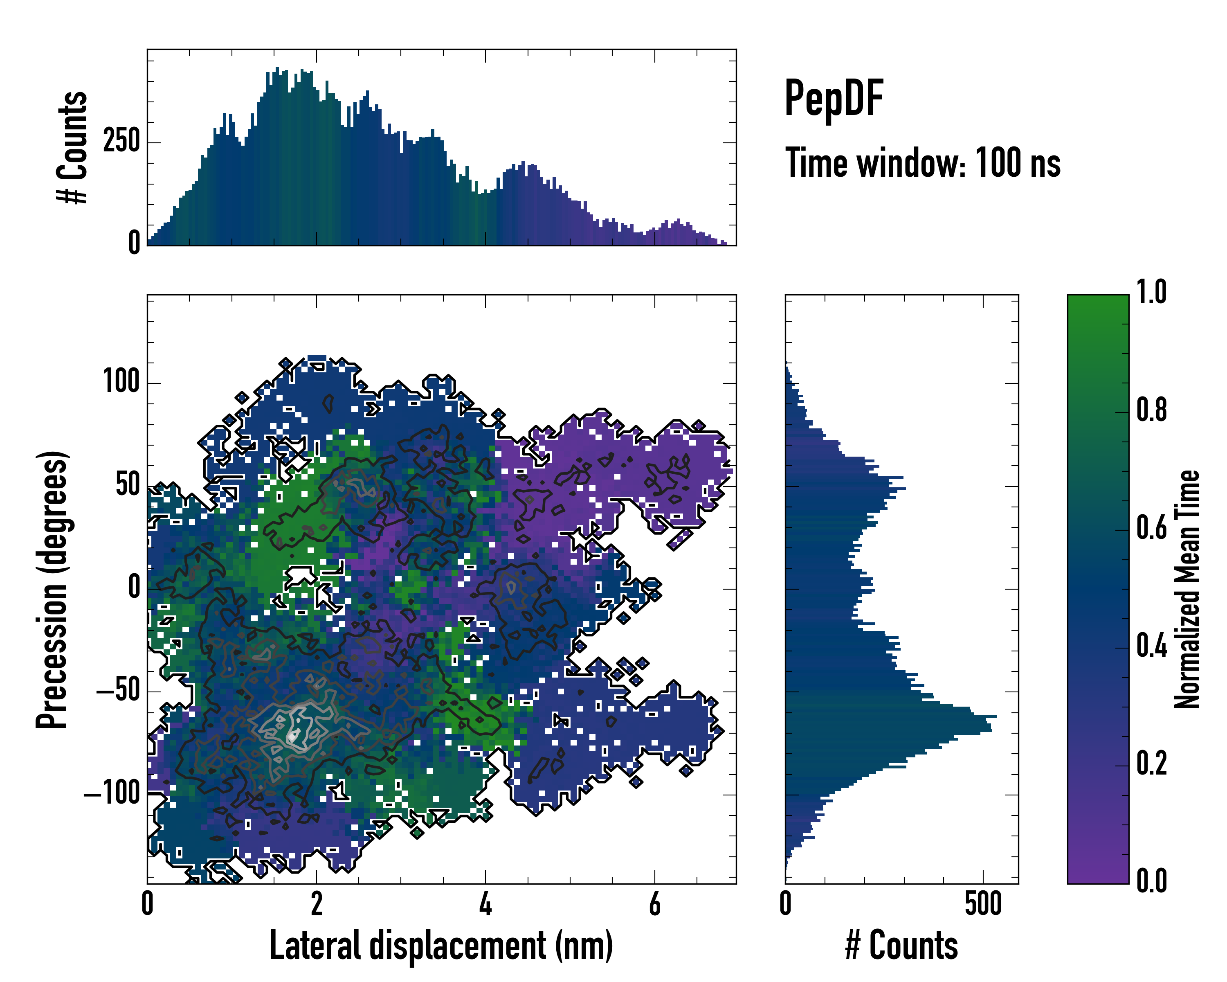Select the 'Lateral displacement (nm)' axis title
(441, 946)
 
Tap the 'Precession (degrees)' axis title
(52, 589)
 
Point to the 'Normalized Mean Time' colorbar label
(1187, 589)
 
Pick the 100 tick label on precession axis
(121, 381)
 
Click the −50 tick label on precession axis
(118, 691)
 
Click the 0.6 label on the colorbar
(1151, 528)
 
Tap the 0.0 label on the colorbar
(1151, 881)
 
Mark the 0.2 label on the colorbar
(1151, 764)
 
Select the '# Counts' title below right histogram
(901, 946)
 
